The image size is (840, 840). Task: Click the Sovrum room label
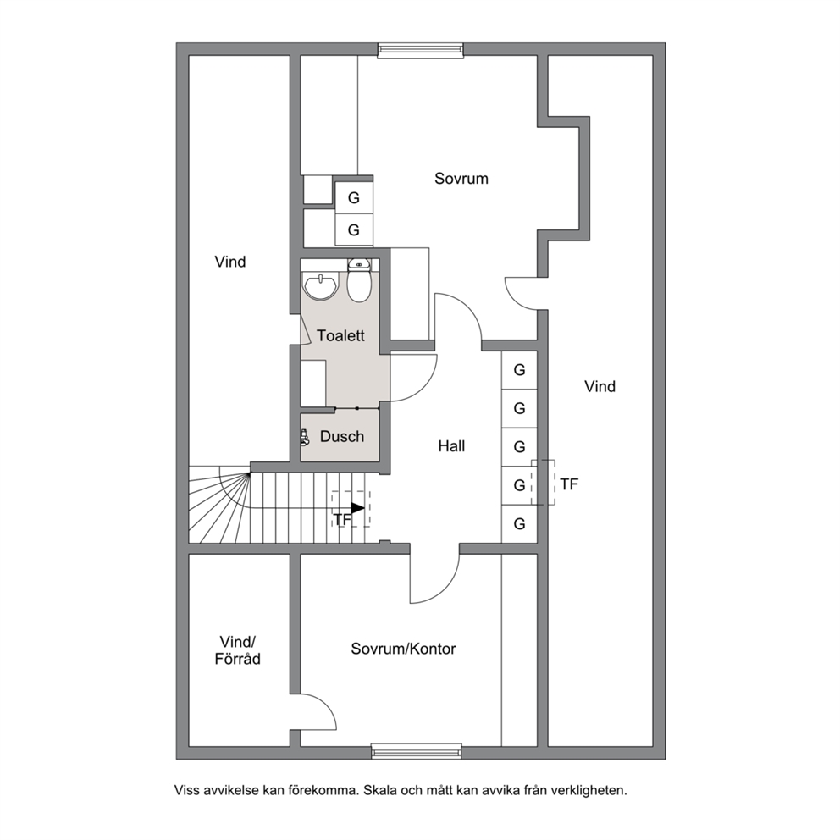click(461, 179)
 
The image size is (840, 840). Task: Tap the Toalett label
click(340, 336)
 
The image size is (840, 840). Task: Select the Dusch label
click(342, 437)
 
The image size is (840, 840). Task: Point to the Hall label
click(451, 446)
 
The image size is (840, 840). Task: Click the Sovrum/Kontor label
click(403, 649)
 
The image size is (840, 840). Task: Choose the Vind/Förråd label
click(237, 650)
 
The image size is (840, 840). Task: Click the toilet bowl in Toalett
click(358, 281)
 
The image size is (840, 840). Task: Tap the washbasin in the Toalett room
click(321, 285)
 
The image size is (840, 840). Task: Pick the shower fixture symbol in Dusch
click(305, 437)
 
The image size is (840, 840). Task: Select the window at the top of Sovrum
click(421, 50)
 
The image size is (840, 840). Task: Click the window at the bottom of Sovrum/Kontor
click(417, 751)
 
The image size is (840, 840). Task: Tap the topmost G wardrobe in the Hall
click(519, 370)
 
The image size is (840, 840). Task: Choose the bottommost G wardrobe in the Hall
click(519, 524)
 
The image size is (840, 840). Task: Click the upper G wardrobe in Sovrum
click(354, 198)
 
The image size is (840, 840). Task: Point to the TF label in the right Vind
click(569, 484)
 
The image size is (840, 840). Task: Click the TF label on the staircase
click(342, 520)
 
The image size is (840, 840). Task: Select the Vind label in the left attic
click(230, 262)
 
